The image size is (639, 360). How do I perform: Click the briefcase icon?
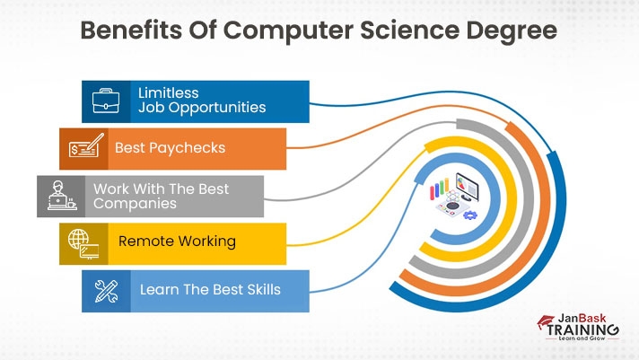coord(106,101)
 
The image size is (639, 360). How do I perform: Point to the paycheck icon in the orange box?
coord(83,148)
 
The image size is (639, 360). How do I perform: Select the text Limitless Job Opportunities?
coord(201,100)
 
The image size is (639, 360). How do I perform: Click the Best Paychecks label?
coord(170,147)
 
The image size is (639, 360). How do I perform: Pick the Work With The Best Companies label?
coord(161,196)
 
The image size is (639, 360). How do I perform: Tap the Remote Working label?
coord(177,241)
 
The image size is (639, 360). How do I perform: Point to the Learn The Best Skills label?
coord(210,290)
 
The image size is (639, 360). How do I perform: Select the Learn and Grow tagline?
coord(587,342)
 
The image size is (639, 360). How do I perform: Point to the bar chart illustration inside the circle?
coord(439,190)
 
